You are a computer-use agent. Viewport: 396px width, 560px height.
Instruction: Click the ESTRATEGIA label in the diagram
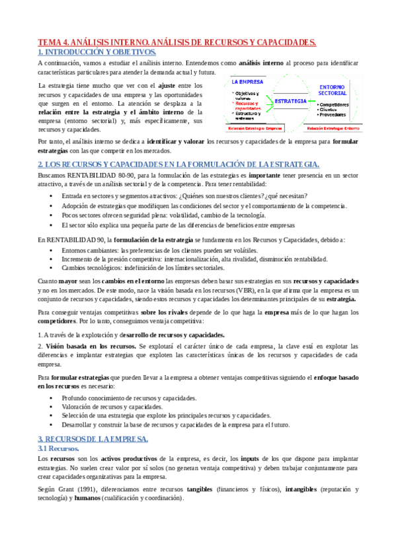pyautogui.click(x=291, y=101)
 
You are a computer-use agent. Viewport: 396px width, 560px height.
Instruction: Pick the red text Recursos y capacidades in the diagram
pyautogui.click(x=248, y=106)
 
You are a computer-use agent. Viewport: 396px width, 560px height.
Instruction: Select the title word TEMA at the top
pyautogui.click(x=51, y=42)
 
